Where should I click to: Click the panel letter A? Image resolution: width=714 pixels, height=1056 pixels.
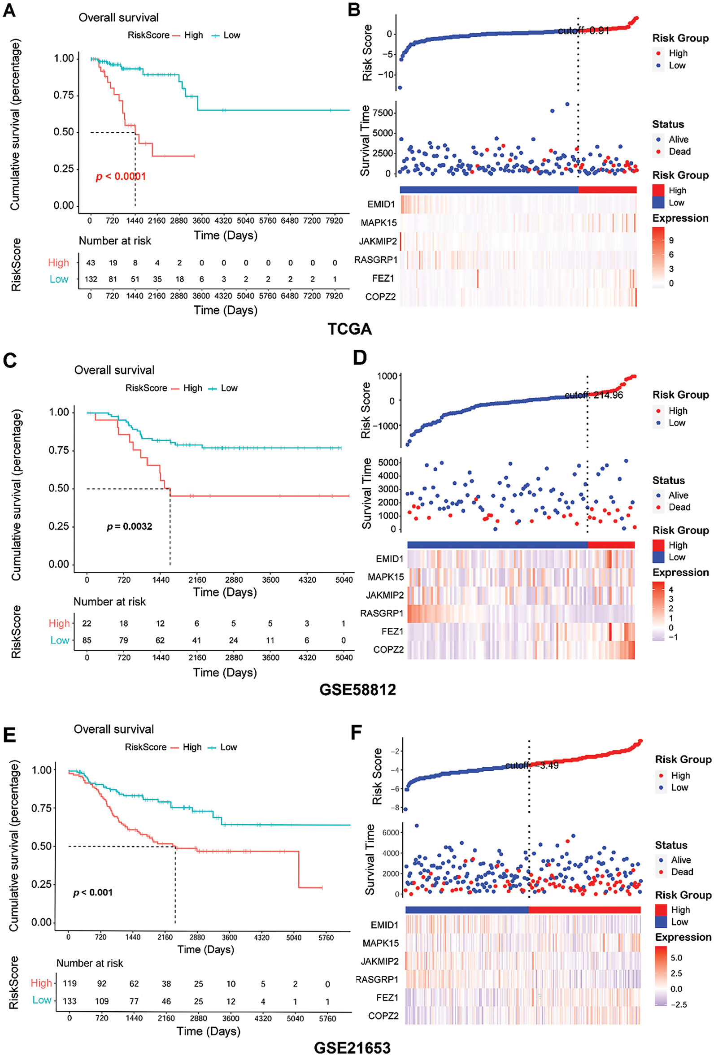point(9,10)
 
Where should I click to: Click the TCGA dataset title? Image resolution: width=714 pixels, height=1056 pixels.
point(349,329)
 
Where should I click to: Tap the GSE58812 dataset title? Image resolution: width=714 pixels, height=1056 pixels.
point(357,690)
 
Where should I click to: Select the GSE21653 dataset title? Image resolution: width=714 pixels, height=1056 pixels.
point(352,1048)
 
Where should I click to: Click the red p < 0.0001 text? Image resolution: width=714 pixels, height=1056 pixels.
point(121,177)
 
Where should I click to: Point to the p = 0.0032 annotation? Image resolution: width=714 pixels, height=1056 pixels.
point(130,526)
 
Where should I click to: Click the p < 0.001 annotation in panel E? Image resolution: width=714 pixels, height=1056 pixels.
point(93,892)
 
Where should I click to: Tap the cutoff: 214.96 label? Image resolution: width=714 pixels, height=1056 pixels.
point(593,395)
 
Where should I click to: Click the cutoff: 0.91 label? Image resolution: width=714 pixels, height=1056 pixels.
point(583,31)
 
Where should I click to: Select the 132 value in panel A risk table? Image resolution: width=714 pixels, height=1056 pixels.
point(91,279)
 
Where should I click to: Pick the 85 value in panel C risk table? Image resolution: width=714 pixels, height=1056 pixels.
point(87,640)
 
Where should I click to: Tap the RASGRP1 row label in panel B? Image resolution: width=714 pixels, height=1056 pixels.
point(376,260)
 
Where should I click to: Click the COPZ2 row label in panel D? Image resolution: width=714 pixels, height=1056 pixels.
point(388,650)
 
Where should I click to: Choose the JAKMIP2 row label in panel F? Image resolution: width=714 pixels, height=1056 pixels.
point(379,961)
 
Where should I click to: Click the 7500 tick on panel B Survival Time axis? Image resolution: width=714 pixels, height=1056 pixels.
point(383,113)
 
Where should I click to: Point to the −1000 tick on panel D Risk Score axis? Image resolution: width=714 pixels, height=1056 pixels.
point(385,426)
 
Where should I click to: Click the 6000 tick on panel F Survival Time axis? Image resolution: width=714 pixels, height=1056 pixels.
point(390,832)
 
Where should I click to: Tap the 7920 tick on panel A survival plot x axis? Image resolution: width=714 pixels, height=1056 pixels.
point(334,221)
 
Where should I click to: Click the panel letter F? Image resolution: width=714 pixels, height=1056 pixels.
point(356,733)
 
